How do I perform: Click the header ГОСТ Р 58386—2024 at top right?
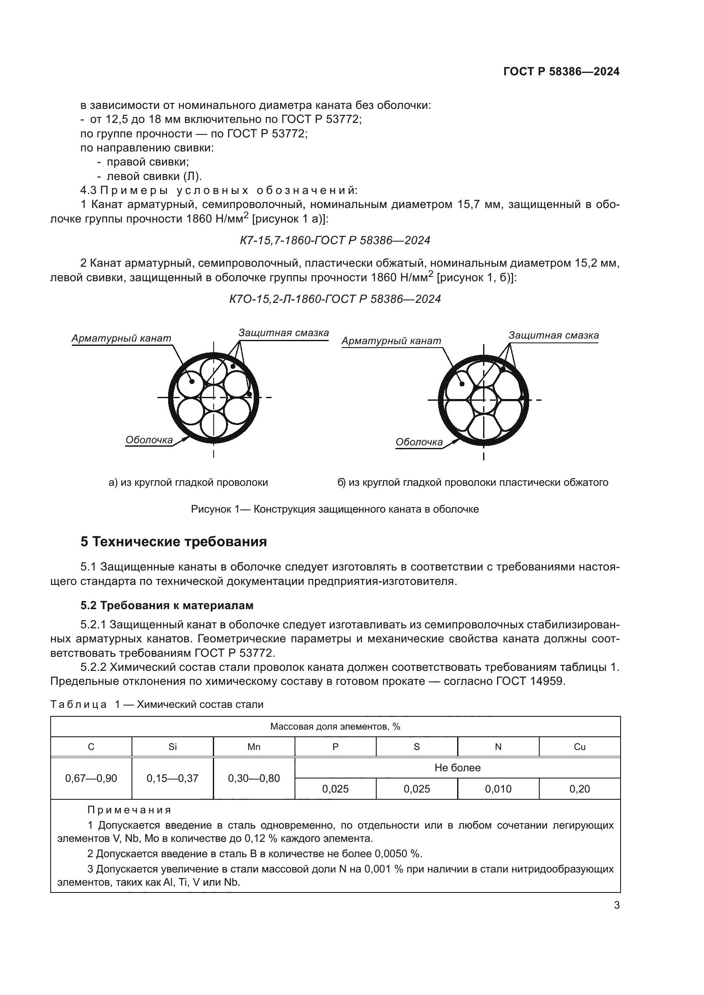[561, 72]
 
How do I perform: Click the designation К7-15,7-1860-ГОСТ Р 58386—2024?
[335, 240]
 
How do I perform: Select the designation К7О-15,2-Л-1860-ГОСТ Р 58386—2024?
[335, 299]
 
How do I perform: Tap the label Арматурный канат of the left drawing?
[121, 339]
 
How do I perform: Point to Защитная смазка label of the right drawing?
[553, 335]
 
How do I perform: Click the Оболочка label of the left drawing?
[149, 440]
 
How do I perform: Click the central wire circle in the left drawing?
[214, 397]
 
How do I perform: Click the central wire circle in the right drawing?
[484, 400]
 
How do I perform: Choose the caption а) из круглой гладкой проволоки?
[188, 483]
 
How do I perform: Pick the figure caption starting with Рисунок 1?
[335, 509]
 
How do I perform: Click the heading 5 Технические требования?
[173, 542]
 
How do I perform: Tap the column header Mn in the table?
[254, 747]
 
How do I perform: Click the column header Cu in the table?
[579, 747]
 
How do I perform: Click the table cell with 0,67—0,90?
[91, 778]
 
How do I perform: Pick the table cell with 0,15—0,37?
[172, 778]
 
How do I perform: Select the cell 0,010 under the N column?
[498, 789]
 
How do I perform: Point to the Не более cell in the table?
[457, 768]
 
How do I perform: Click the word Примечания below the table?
[129, 810]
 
